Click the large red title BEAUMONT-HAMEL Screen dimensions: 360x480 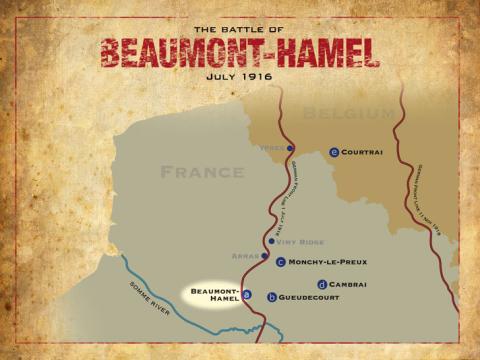tap(239, 51)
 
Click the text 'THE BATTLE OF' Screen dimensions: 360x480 tap(240, 28)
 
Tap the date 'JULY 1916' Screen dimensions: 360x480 tap(240, 74)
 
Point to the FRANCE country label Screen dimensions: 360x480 tap(203, 172)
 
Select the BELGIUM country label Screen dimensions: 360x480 tap(349, 113)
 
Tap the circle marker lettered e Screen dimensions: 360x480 tap(334, 152)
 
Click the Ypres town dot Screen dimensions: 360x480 tap(290, 149)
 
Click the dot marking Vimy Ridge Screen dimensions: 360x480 tap(272, 241)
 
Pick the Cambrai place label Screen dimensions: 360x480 tap(347, 284)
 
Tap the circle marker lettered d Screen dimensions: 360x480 tap(320, 284)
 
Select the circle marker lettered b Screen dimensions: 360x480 tap(271, 297)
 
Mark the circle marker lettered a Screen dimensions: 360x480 tap(247, 295)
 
